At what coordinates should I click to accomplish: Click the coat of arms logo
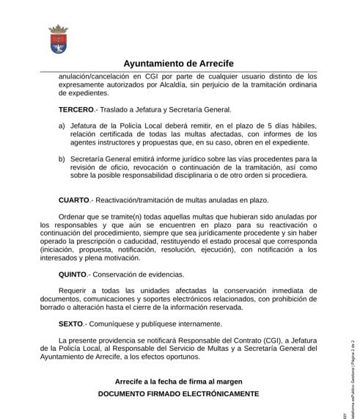pos(58,38)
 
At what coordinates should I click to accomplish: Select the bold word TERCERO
pos(76,109)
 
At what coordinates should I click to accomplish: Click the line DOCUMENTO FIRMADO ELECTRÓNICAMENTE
pos(179,394)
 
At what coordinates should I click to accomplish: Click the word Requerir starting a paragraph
pos(76,290)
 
